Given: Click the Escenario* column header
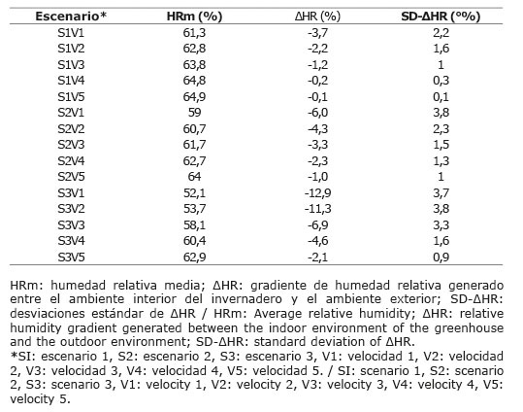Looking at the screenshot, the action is (71, 17).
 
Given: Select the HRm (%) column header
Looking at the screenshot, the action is (194, 17).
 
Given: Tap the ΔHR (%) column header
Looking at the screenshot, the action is (317, 17).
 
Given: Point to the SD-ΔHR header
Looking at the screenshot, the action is (441, 17).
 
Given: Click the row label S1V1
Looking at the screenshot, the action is (71, 33).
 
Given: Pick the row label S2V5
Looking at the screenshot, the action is (71, 176).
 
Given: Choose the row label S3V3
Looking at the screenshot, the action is (71, 224).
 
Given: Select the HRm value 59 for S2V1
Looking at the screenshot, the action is (194, 113).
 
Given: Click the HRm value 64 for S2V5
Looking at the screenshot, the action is (194, 176).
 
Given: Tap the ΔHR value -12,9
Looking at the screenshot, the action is (317, 192).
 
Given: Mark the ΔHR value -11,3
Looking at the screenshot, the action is (317, 209).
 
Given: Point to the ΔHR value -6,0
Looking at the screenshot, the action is (317, 113).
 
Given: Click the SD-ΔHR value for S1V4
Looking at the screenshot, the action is (441, 81).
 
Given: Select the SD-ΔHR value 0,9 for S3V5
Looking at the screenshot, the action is (441, 257).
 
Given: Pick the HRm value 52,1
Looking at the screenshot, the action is (194, 192).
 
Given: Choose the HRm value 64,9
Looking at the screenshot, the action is (194, 96).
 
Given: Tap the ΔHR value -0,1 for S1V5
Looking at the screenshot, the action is (317, 96).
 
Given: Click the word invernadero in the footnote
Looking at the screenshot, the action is (246, 298).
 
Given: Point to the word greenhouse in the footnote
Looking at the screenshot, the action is (469, 327).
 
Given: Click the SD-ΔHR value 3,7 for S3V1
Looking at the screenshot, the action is (441, 192).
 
